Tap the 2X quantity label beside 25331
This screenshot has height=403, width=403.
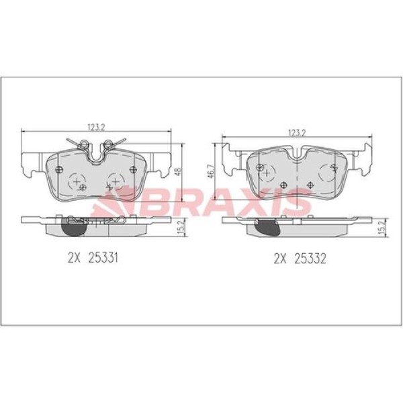coord(74,257)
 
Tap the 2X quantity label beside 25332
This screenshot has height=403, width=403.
coord(279,257)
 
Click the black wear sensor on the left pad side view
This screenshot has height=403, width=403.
coord(70,227)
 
